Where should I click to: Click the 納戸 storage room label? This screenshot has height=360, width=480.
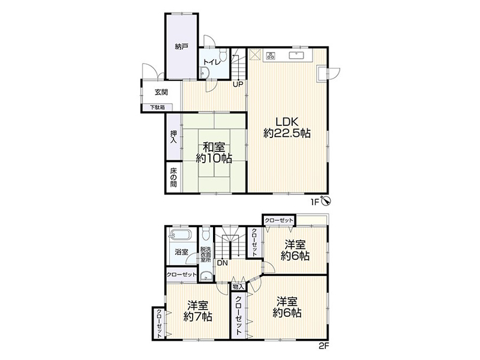tap(182, 47)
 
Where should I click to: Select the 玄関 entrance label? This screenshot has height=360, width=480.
tap(161, 92)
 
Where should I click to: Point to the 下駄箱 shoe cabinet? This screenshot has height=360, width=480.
tap(157, 107)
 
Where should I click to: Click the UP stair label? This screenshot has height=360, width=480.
tap(238, 83)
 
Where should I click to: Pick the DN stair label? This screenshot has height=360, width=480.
tap(223, 263)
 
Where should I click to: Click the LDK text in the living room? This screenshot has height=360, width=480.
tap(287, 122)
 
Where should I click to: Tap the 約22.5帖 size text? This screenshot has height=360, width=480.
tap(287, 133)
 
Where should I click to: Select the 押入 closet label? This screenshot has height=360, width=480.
tap(173, 137)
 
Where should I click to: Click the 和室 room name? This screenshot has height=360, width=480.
tap(214, 147)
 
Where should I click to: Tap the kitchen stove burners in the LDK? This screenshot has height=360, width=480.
tap(271, 56)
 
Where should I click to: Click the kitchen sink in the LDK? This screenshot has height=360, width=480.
tap(296, 55)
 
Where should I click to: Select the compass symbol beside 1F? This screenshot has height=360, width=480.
tap(326, 201)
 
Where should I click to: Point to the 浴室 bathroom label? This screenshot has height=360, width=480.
tap(182, 252)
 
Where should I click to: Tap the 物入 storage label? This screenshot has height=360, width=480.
tap(238, 287)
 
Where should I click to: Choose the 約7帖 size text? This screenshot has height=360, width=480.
tap(198, 316)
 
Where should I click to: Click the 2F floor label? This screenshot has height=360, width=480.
tap(323, 346)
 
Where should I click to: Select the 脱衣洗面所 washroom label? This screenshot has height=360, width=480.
tap(205, 254)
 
